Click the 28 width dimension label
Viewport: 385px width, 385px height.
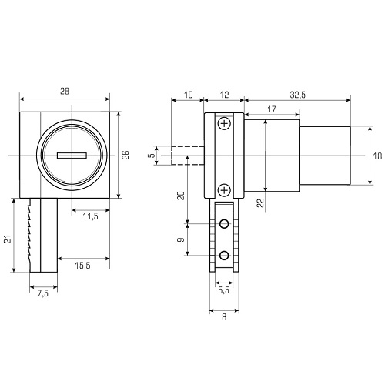[65, 91]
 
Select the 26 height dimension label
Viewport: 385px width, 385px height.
[126, 155]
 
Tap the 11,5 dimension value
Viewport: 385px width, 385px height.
[90, 216]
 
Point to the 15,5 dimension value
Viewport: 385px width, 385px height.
[82, 266]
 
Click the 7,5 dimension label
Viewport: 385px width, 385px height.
[43, 293]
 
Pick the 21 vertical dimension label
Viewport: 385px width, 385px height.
[8, 239]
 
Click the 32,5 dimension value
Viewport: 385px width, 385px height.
[298, 95]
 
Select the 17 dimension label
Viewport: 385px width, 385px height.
[272, 109]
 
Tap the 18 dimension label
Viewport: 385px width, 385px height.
[377, 156]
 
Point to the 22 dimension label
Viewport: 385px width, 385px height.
[260, 203]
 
